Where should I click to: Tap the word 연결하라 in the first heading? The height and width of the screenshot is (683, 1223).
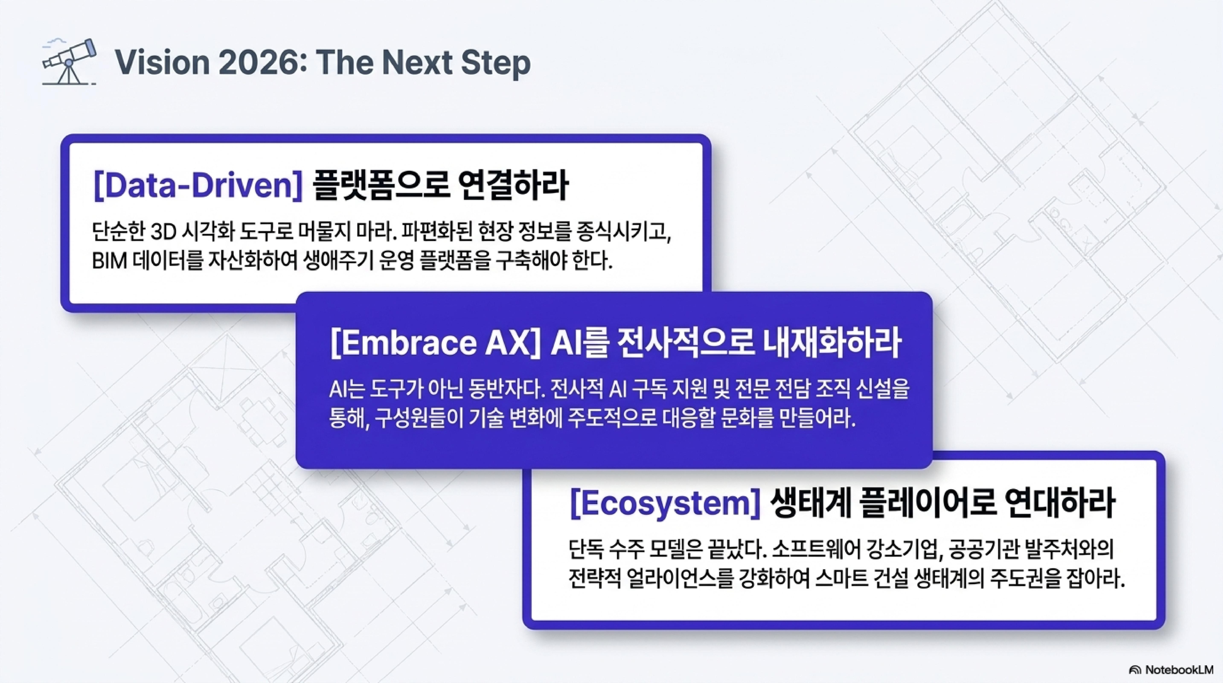514,186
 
